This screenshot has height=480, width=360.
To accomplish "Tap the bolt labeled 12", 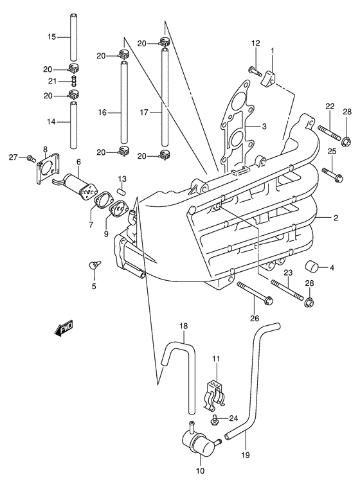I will [254, 73].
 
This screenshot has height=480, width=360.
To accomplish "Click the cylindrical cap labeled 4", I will [316, 267].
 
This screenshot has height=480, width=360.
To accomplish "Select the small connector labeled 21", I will [74, 80].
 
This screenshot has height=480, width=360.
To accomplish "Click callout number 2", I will [336, 218].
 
